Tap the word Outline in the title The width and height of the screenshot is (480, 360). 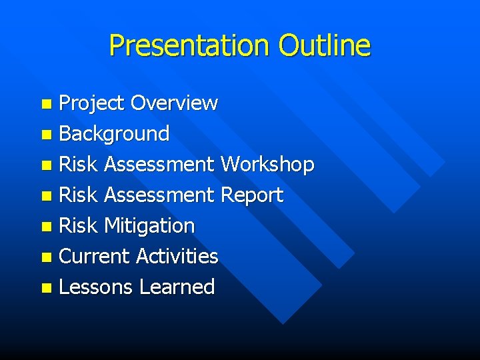[x=324, y=46]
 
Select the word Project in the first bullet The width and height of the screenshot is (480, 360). [x=92, y=103]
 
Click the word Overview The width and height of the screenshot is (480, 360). [x=174, y=103]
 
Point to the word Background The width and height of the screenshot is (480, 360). [x=114, y=134]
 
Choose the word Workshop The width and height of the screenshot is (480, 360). [x=267, y=165]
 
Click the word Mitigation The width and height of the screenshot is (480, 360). [x=149, y=226]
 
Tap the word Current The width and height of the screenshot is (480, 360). [x=94, y=257]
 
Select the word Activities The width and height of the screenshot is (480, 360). [x=177, y=257]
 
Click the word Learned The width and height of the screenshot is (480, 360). [x=177, y=287]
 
